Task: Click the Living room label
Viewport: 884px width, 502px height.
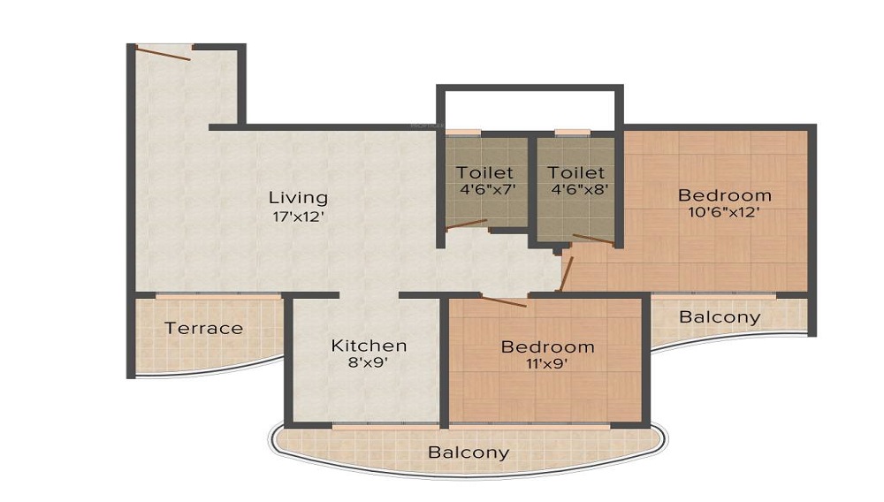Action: [298, 197]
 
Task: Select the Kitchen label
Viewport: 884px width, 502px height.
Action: [369, 346]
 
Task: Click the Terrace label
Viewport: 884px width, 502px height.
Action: [203, 328]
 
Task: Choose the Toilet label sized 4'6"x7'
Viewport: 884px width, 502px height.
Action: [484, 172]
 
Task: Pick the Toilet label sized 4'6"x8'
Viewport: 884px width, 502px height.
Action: [576, 172]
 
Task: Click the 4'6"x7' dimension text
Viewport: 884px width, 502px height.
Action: [484, 189]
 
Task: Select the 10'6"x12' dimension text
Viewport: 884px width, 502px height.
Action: [724, 212]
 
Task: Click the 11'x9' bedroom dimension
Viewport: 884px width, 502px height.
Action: [547, 363]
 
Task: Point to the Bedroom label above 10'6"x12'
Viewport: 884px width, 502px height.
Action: [724, 195]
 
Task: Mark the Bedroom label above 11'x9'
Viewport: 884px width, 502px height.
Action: [547, 346]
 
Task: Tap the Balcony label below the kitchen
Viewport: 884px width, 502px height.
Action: [469, 453]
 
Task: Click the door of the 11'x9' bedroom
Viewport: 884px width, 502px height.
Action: [504, 301]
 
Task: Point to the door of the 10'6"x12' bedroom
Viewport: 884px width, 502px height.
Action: [567, 273]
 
